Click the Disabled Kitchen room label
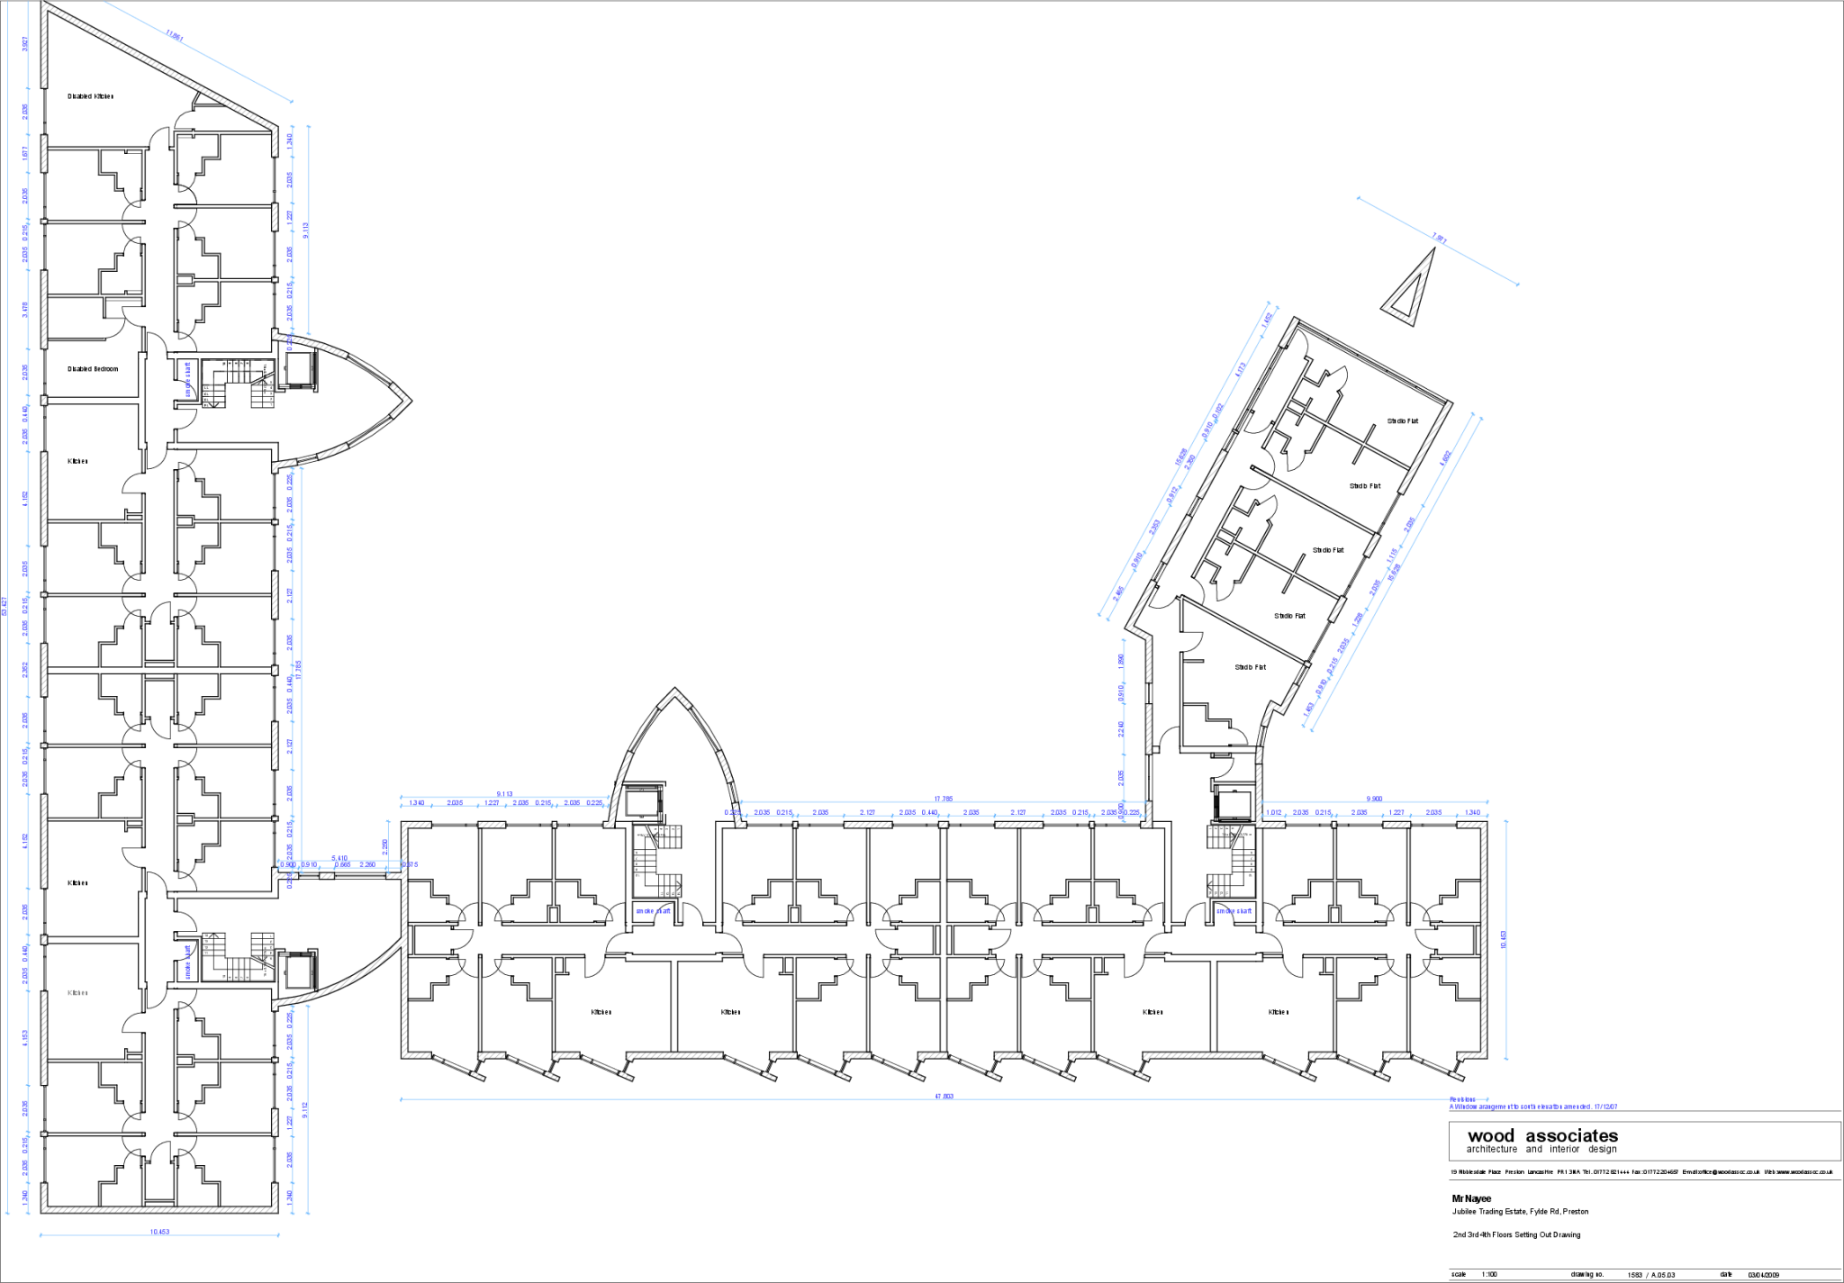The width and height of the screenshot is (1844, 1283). pyautogui.click(x=91, y=96)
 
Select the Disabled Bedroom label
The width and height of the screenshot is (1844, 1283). pyautogui.click(x=93, y=369)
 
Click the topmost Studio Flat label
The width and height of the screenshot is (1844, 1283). pyautogui.click(x=1403, y=421)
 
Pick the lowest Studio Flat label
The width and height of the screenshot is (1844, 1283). pyautogui.click(x=1250, y=667)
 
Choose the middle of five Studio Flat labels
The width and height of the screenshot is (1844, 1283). pyautogui.click(x=1327, y=550)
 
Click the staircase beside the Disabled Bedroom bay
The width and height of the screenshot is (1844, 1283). pyautogui.click(x=261, y=393)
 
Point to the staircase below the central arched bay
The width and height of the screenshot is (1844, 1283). pyautogui.click(x=667, y=836)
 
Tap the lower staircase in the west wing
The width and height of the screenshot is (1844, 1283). pyautogui.click(x=262, y=949)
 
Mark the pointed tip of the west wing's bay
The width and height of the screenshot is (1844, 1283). pyautogui.click(x=409, y=400)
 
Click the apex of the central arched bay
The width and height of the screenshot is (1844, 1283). pyautogui.click(x=674, y=691)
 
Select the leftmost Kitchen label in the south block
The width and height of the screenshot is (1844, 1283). pyautogui.click(x=601, y=1013)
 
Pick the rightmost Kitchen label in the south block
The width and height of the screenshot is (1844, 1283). pyautogui.click(x=1278, y=1013)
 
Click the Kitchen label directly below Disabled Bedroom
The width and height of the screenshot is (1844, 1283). pyautogui.click(x=78, y=462)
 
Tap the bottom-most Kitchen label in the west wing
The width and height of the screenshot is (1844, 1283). pyautogui.click(x=78, y=993)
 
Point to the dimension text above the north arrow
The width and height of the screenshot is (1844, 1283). pyautogui.click(x=1440, y=239)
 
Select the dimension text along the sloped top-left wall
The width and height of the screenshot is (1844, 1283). pyautogui.click(x=176, y=38)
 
